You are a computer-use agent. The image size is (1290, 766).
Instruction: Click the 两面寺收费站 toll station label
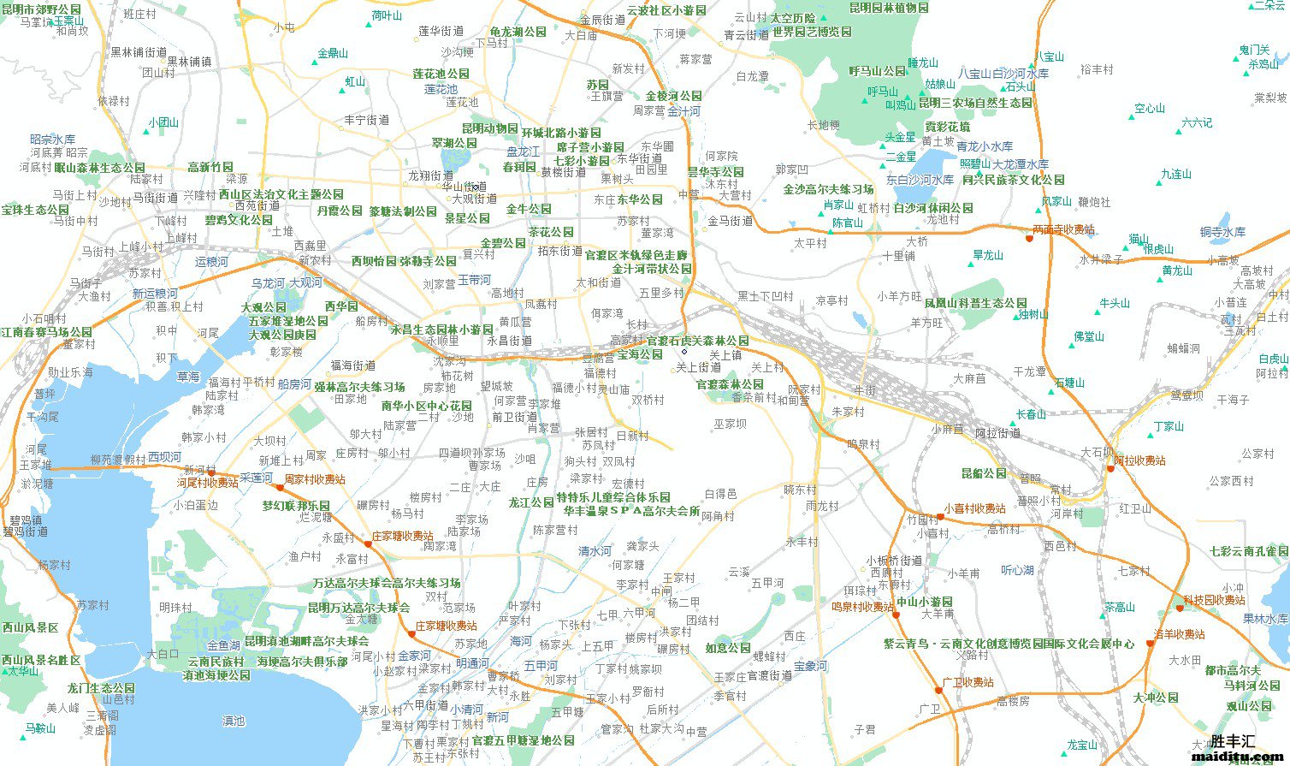[x=1063, y=229]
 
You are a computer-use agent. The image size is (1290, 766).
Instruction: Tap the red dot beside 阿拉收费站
[x=1110, y=468]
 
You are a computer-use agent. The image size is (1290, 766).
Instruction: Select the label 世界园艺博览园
[x=812, y=32]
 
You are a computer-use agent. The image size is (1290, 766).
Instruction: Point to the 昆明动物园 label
[x=489, y=128]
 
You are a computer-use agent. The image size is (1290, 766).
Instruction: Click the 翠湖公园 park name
[x=454, y=143]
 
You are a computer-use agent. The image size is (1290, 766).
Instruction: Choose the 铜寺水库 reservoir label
[x=1222, y=232]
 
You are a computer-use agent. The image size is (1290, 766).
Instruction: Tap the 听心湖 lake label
[x=1017, y=570]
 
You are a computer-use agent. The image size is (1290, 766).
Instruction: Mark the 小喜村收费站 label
[x=974, y=508]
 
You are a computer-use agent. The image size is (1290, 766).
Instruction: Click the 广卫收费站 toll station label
[x=967, y=682]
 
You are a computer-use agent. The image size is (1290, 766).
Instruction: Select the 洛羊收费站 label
[x=1180, y=634]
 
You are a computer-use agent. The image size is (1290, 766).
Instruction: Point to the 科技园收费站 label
[x=1215, y=600]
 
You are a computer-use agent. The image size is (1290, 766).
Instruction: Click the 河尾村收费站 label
[x=208, y=483]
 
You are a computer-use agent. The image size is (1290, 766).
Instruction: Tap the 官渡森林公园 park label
[x=729, y=384]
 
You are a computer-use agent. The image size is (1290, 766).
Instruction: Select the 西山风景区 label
[x=30, y=627]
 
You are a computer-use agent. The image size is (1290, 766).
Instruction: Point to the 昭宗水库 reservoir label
[x=53, y=139]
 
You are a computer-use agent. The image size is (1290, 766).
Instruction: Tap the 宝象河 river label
[x=810, y=665]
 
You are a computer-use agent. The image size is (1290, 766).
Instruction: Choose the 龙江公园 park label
[x=531, y=502]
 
